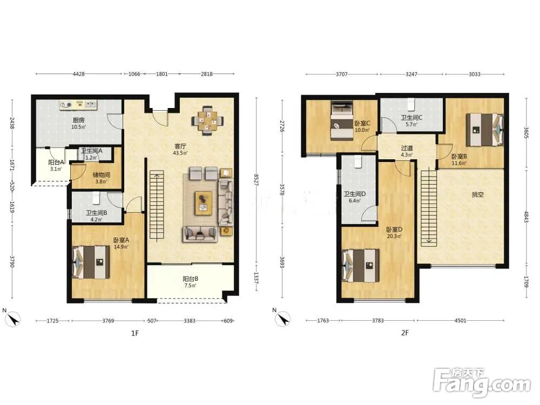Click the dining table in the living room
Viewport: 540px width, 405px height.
[x=207, y=121]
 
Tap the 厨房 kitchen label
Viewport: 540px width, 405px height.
[x=78, y=120]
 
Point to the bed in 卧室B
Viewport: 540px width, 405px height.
[x=484, y=130]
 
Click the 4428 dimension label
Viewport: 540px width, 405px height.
[x=79, y=73]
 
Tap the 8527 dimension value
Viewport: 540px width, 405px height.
[x=256, y=180]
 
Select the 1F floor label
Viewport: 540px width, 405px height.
[x=134, y=333]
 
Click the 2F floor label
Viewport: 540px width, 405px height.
[x=404, y=333]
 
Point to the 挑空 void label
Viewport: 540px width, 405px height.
[x=478, y=194]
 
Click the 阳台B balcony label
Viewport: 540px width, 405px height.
[x=190, y=279]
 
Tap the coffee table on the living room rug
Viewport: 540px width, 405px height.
[x=203, y=203]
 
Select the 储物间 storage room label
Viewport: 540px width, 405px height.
[x=102, y=175]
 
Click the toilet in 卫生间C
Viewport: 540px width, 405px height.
[x=411, y=104]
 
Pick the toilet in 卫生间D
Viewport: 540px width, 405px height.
[x=358, y=161]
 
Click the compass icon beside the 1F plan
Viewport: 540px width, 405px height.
[x=13, y=319]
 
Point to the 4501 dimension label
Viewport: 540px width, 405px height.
[x=461, y=320]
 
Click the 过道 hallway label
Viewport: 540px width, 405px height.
[x=407, y=148]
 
